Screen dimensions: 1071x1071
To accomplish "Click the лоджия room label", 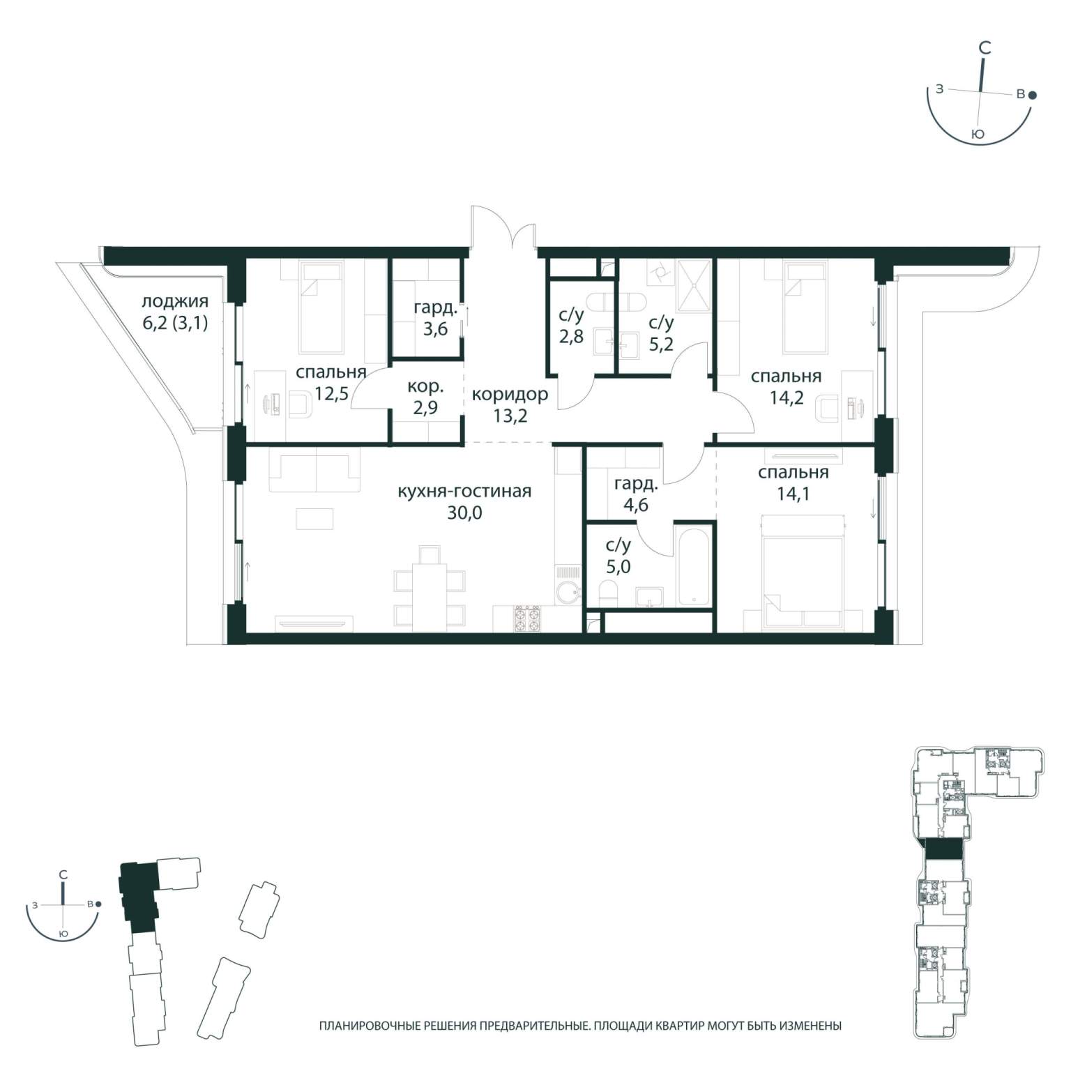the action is click(175, 302).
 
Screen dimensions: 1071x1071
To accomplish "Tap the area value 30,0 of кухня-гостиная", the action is click(464, 513).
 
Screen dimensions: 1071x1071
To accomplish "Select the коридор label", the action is click(510, 395).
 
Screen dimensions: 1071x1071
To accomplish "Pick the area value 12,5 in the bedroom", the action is click(331, 395).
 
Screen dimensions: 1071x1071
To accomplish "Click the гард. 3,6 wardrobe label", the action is click(436, 318).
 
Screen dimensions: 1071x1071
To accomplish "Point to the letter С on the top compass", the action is click(985, 48).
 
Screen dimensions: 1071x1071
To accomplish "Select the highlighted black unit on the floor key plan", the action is click(942, 849).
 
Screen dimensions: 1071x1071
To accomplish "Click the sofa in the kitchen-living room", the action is click(315, 473).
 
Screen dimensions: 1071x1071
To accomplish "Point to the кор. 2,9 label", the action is click(425, 397).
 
